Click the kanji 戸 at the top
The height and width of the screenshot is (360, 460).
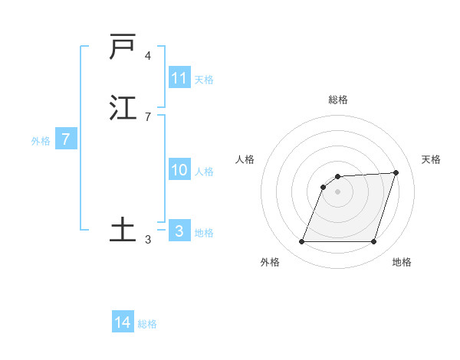(x=123, y=47)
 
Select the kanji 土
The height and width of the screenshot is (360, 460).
(x=123, y=230)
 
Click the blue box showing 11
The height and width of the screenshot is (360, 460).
(x=179, y=78)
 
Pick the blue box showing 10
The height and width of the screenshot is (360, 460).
(x=179, y=170)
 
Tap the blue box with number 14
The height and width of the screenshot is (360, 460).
(x=123, y=322)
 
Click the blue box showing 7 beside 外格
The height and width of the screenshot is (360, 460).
(x=66, y=140)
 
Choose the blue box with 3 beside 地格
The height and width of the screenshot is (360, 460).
(x=179, y=231)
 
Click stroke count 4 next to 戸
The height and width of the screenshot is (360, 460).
(x=148, y=56)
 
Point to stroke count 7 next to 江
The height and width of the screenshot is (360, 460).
(x=148, y=117)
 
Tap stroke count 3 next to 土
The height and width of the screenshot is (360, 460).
(x=148, y=240)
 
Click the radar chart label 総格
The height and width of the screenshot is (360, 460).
(x=338, y=100)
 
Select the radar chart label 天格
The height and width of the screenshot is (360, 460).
(x=431, y=159)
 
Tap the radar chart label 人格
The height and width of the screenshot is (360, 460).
(x=245, y=159)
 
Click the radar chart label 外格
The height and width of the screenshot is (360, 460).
(x=270, y=262)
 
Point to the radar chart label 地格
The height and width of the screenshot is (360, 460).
(x=402, y=262)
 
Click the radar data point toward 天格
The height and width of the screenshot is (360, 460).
(x=396, y=172)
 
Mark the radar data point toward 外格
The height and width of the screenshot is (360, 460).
(x=302, y=242)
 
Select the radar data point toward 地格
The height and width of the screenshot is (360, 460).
(x=374, y=242)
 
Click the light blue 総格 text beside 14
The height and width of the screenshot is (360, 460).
(x=147, y=324)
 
